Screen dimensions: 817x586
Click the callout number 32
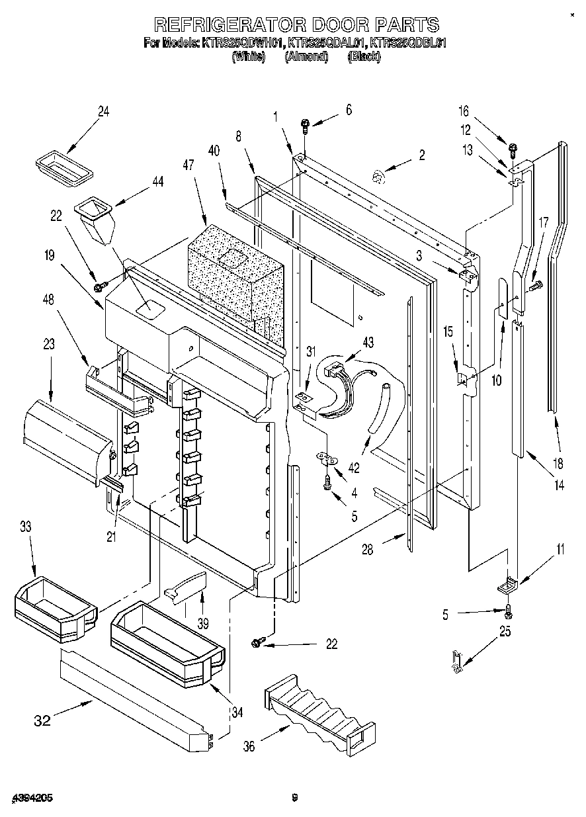[x=42, y=720]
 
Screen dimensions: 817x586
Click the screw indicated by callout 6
[x=305, y=123]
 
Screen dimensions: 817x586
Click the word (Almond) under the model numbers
[x=306, y=57]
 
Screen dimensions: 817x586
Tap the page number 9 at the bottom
[x=295, y=797]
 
